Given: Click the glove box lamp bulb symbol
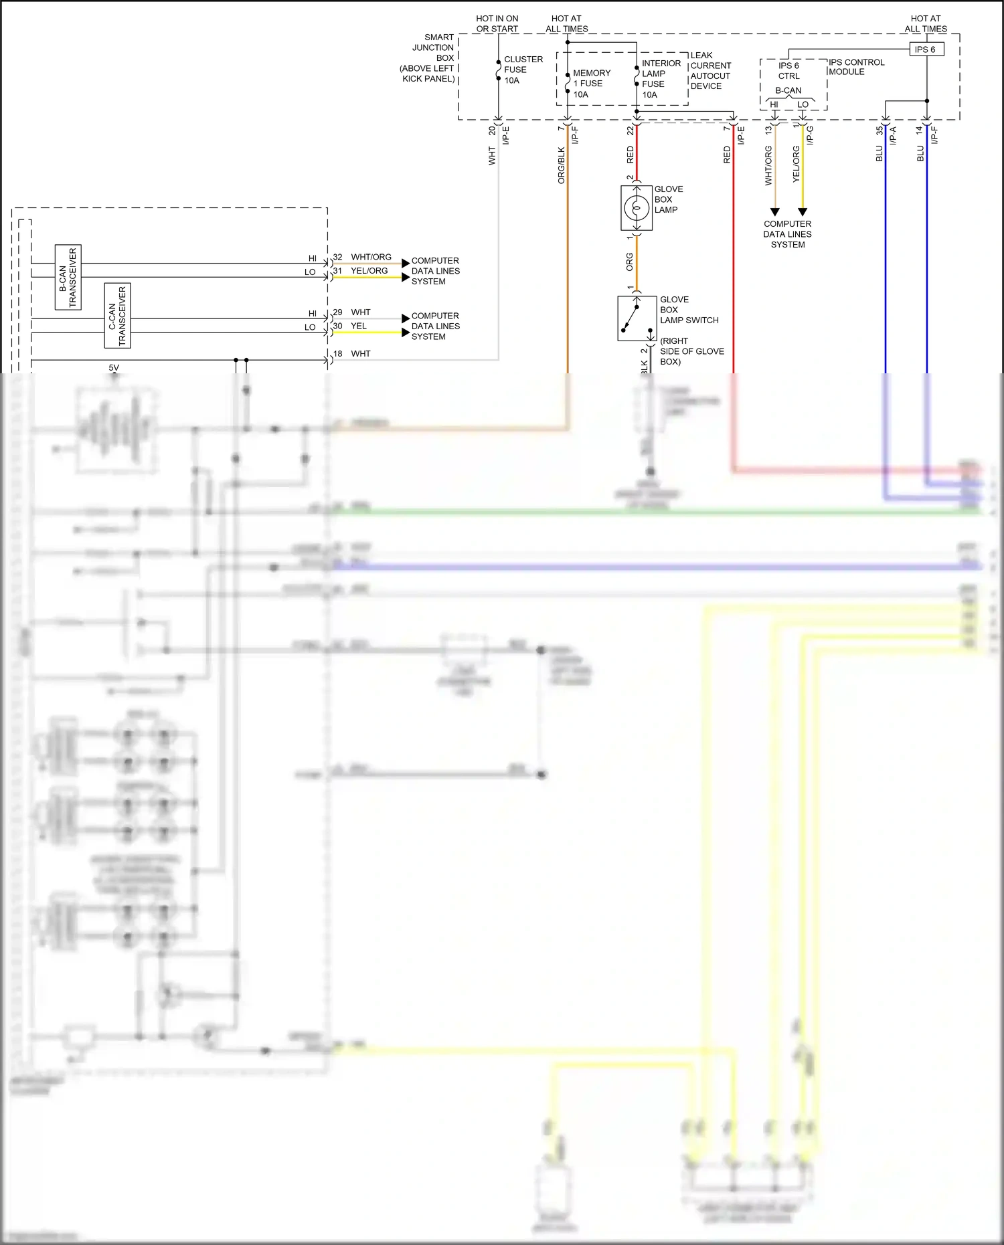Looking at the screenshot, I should click(x=637, y=209).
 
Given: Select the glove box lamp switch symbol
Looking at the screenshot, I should click(x=637, y=318).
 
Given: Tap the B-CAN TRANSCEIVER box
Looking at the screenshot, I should click(x=68, y=277).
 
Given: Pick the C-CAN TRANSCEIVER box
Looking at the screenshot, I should click(x=117, y=316).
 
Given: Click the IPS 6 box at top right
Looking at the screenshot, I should click(x=926, y=50).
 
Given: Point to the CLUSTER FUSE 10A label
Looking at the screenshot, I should click(x=523, y=70).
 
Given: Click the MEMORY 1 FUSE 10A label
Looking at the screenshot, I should click(x=592, y=84).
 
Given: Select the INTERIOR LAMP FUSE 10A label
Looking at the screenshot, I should click(x=660, y=79).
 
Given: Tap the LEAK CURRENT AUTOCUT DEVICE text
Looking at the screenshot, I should click(x=710, y=71).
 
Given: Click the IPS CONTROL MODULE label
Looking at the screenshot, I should click(x=856, y=67).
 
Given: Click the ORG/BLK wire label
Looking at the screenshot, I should click(x=562, y=165).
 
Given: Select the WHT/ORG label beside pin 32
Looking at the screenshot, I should click(x=371, y=257).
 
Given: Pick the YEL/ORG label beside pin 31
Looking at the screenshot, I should click(x=369, y=271).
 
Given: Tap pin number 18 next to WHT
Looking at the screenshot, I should click(x=337, y=354).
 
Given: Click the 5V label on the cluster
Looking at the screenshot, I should click(x=114, y=368).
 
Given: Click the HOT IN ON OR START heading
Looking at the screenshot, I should click(x=497, y=23).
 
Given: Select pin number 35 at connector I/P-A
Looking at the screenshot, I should click(x=880, y=130).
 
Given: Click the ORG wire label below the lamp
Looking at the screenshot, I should click(x=630, y=262).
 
